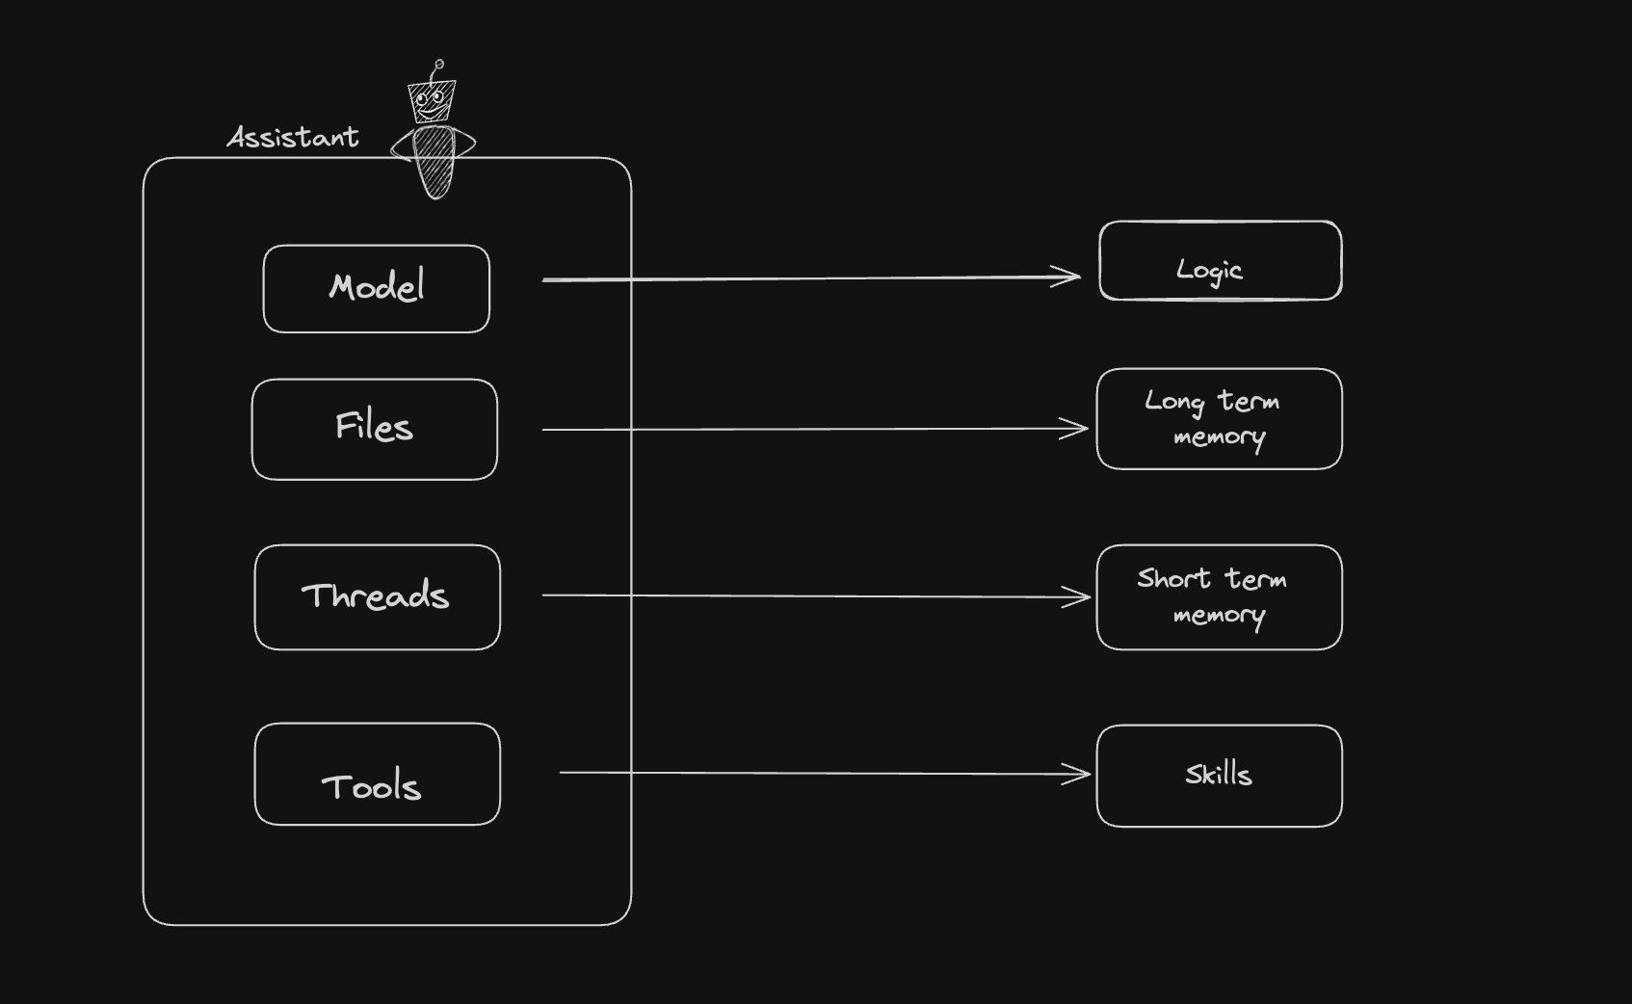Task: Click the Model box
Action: tap(376, 288)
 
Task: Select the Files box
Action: tap(374, 429)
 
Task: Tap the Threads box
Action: tap(377, 596)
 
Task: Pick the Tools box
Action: tap(377, 774)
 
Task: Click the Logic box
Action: tap(1220, 260)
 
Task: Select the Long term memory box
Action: tap(1219, 418)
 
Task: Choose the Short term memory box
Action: tap(1219, 596)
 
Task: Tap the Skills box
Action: tap(1219, 776)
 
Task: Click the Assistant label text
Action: tap(293, 138)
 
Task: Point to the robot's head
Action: tap(431, 100)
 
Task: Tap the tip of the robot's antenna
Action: tap(439, 65)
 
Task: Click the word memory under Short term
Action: tap(1219, 616)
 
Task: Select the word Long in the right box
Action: tap(1174, 402)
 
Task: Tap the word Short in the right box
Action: tap(1173, 578)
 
